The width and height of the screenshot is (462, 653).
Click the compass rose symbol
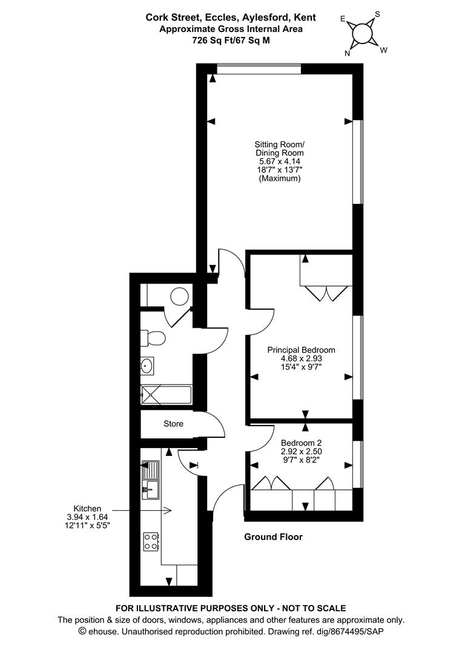(x=363, y=33)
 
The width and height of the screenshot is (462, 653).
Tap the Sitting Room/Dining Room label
(x=279, y=149)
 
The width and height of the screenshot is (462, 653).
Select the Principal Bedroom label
(x=301, y=350)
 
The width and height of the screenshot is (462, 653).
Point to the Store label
(x=173, y=424)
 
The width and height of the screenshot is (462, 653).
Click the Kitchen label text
(x=87, y=508)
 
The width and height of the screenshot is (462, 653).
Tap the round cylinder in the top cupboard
(x=179, y=296)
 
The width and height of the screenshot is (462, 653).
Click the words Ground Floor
(x=273, y=537)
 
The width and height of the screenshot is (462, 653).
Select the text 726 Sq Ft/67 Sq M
(x=230, y=40)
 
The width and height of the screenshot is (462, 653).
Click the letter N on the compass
(x=348, y=53)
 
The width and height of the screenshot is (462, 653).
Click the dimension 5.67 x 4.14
(x=280, y=161)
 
